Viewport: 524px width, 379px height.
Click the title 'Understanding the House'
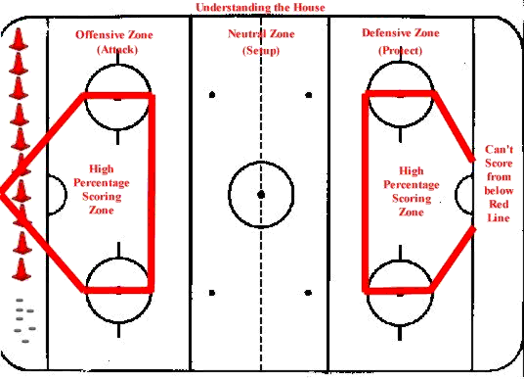(x=261, y=8)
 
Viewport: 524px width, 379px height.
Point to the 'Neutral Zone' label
(x=260, y=33)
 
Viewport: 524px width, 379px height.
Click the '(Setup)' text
(x=260, y=48)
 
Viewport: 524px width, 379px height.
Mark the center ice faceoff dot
(x=261, y=194)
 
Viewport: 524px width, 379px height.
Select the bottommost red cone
(x=20, y=268)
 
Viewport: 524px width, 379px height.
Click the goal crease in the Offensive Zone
(x=55, y=189)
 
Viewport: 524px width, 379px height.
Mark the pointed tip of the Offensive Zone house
(x=3, y=192)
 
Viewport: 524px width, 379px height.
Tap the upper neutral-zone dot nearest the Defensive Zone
(x=309, y=95)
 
